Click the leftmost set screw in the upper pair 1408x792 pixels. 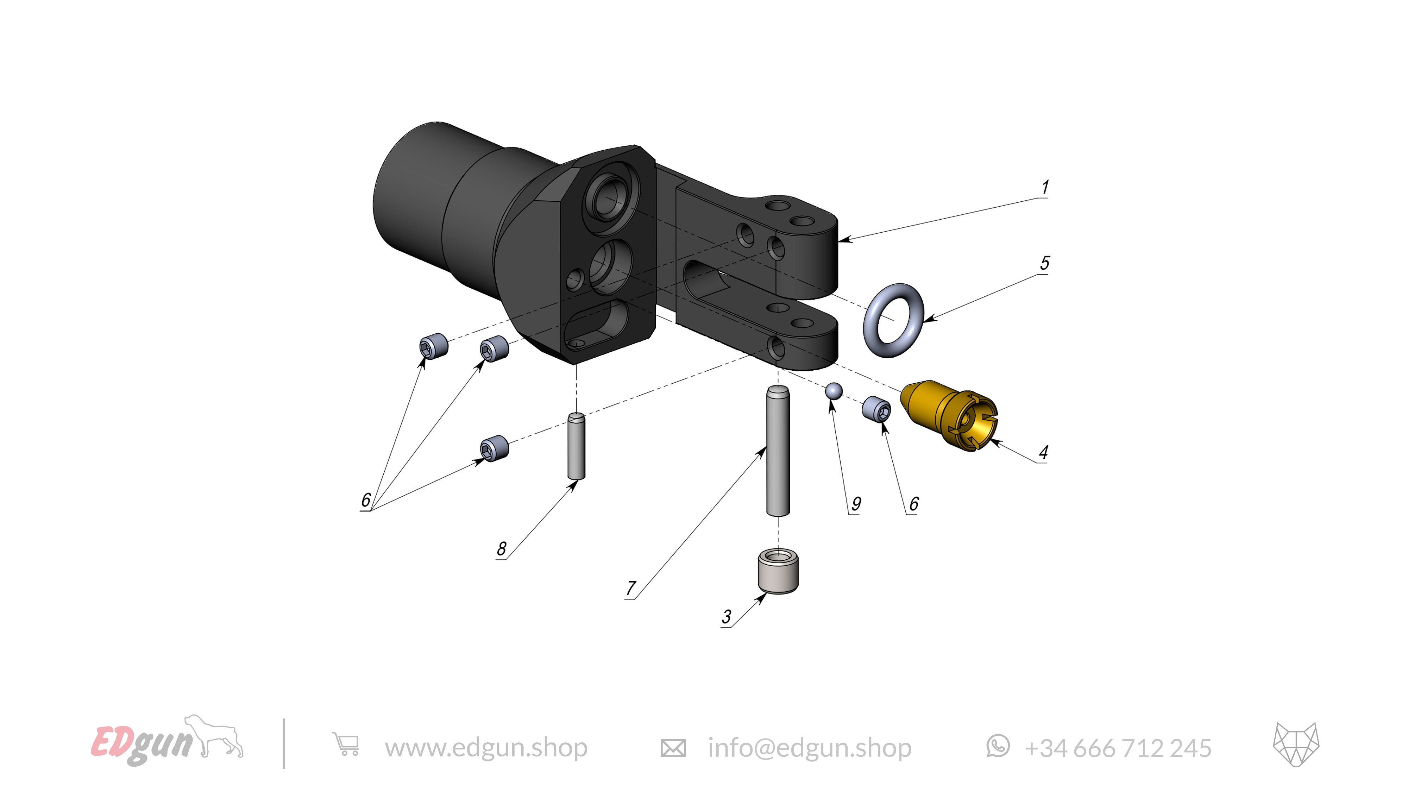tap(433, 346)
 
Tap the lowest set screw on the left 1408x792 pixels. tap(494, 449)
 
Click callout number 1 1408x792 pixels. tap(1044, 188)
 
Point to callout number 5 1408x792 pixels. tap(1044, 263)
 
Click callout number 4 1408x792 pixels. tap(1043, 452)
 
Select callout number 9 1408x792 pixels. tap(856, 503)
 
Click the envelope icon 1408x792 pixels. tap(672, 748)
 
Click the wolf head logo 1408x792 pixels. tap(1295, 743)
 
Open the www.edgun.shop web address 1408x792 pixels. tap(486, 747)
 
